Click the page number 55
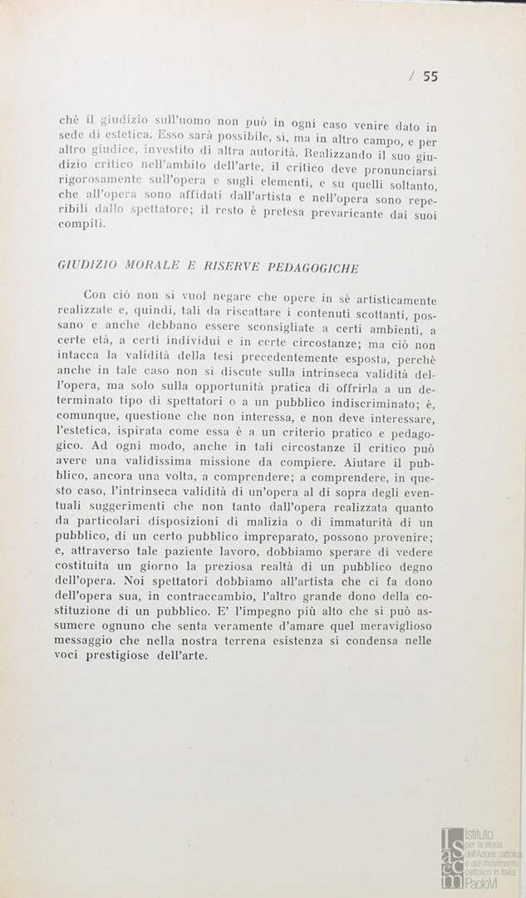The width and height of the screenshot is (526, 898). pyautogui.click(x=430, y=76)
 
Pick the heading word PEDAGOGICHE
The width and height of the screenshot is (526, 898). pyautogui.click(x=313, y=269)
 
